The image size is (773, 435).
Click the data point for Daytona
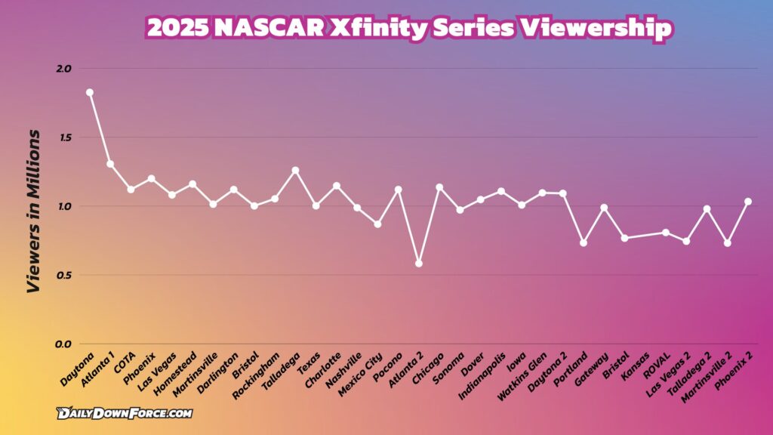pos(90,92)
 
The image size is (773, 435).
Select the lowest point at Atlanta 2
pos(419,264)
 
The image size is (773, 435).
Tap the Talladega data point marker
pos(295,171)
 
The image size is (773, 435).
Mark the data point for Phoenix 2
pos(748,202)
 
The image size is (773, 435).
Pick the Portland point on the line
pos(584,242)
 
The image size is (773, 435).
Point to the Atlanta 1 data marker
pos(110,164)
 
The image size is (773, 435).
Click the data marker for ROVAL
pos(666,233)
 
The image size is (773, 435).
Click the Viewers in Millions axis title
pos(34,211)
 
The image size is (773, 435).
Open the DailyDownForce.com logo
pos(125,413)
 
